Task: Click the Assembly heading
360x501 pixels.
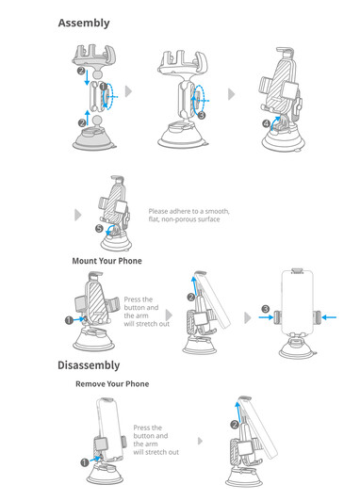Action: [x=84, y=23]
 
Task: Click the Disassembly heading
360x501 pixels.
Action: [x=89, y=365]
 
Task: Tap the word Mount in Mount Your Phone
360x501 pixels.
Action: [x=84, y=261]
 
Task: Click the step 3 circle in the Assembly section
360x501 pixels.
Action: [x=201, y=115]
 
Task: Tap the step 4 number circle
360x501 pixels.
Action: [x=267, y=123]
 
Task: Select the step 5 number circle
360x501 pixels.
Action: [x=100, y=229]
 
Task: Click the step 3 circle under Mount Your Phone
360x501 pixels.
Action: [x=266, y=309]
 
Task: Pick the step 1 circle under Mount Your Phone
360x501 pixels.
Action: [x=69, y=320]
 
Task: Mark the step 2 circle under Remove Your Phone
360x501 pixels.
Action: [x=235, y=425]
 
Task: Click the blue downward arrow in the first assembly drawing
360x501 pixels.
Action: [x=87, y=77]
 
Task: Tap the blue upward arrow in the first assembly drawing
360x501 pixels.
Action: [x=88, y=118]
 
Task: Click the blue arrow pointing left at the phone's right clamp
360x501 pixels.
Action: [x=329, y=317]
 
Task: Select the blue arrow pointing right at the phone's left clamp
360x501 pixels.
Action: [x=266, y=317]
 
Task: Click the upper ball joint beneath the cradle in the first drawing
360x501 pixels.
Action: [x=97, y=74]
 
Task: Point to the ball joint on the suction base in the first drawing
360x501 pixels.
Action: [x=97, y=121]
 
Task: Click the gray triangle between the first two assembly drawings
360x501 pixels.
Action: [x=128, y=91]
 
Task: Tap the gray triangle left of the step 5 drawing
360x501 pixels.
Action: [x=77, y=215]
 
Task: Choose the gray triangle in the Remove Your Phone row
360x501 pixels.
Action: [x=200, y=441]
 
